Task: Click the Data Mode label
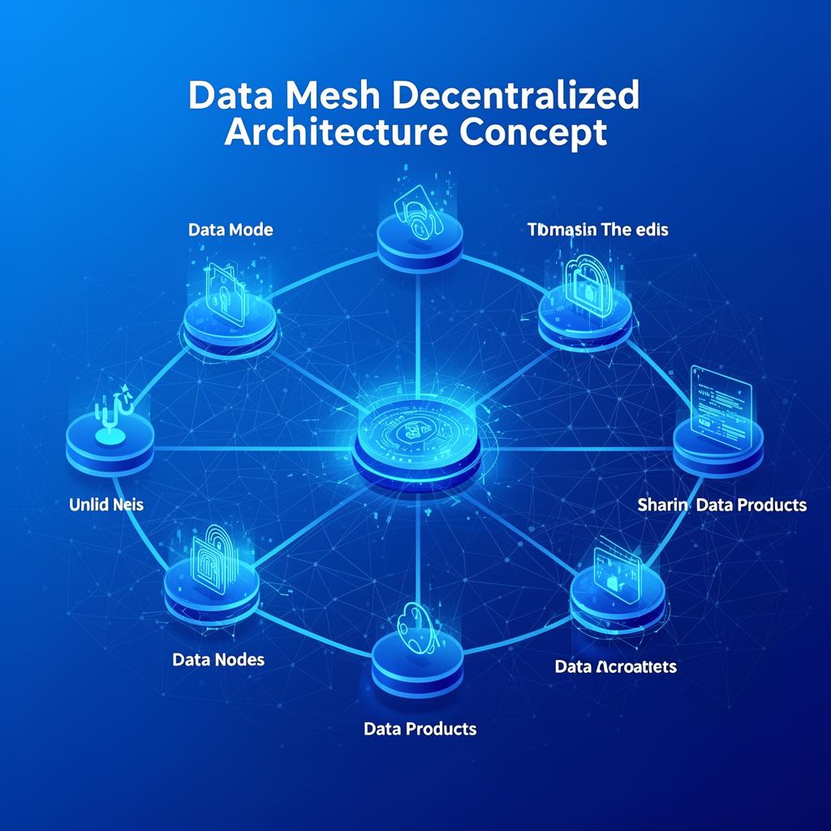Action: (x=230, y=230)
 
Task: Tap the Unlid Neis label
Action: (x=106, y=505)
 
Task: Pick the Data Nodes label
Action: (x=218, y=660)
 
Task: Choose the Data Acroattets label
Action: (x=615, y=667)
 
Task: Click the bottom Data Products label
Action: (x=420, y=729)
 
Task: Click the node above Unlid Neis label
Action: (x=110, y=442)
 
